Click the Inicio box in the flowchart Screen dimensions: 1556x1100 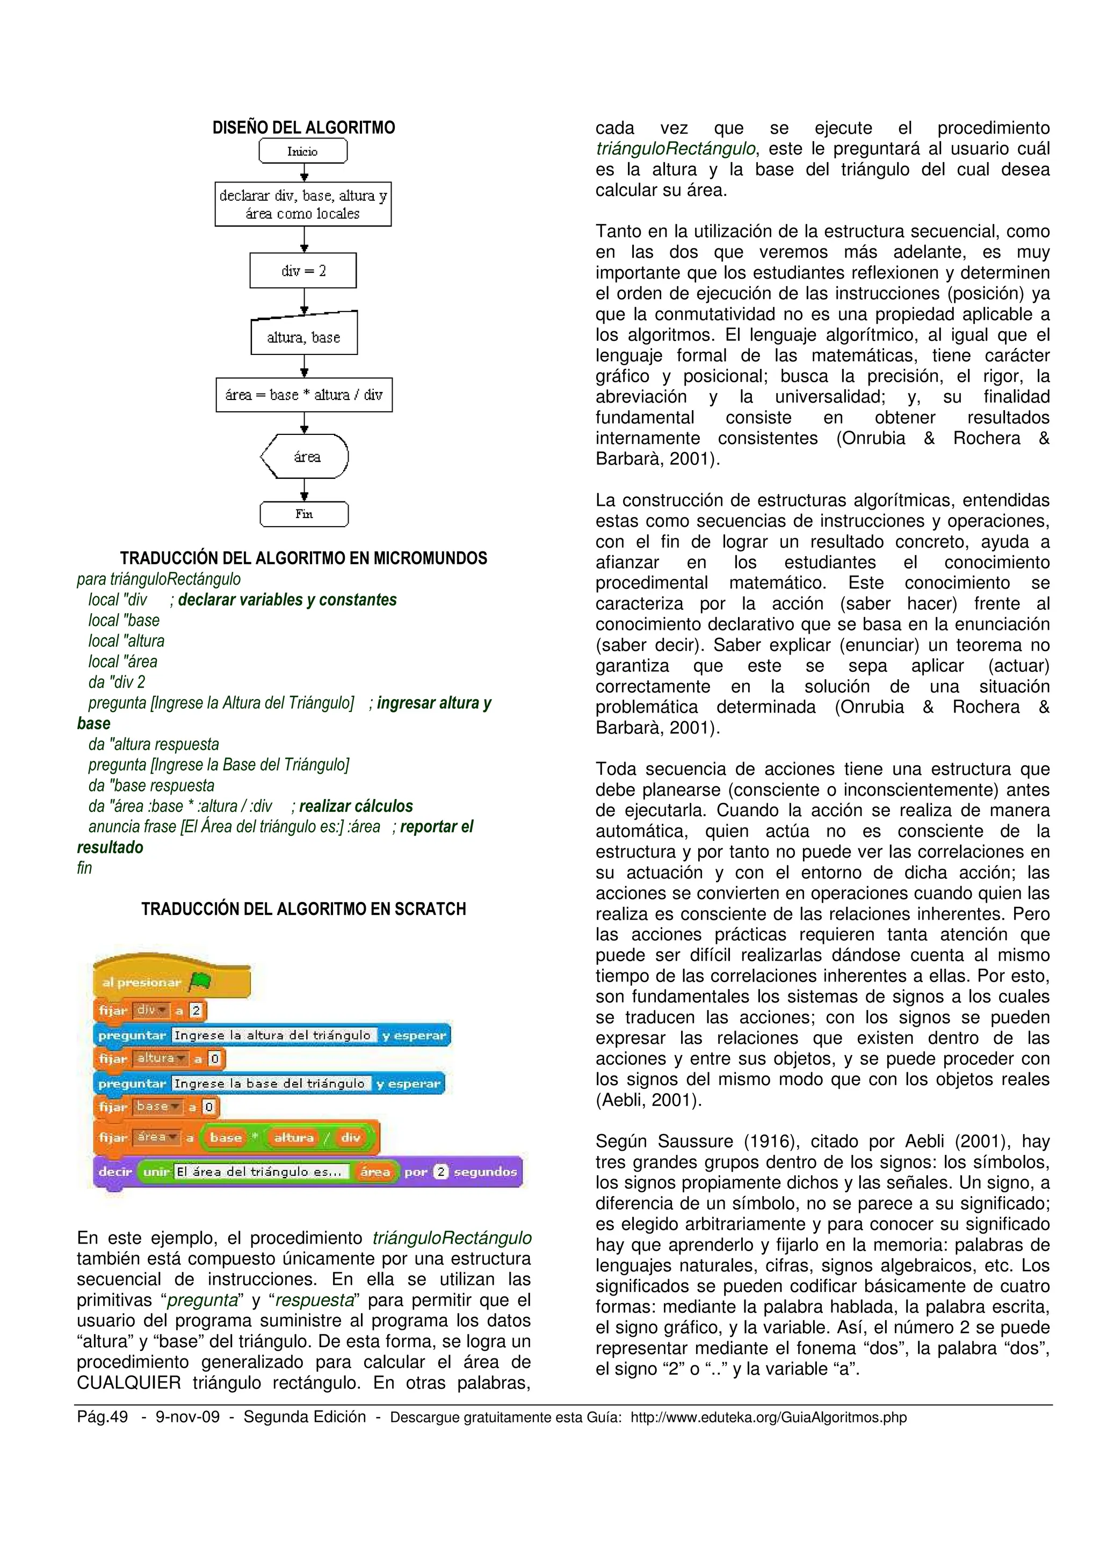coord(302,151)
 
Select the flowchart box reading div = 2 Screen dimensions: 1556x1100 coord(303,271)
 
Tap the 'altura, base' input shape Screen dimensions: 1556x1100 coord(303,336)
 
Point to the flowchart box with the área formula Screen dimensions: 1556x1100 coord(303,395)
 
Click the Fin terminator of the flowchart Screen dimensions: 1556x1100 coord(303,514)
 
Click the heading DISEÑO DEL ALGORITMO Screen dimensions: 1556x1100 coord(303,127)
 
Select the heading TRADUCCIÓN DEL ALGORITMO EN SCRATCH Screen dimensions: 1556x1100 coord(303,909)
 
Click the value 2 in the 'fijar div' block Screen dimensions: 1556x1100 coord(196,1010)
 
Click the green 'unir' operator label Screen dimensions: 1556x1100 coord(156,1171)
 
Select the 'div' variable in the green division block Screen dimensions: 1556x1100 coord(350,1137)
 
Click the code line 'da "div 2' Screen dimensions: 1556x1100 coord(117,682)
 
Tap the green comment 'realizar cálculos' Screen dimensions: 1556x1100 coord(356,806)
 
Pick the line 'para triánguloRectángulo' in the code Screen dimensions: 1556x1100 coord(158,579)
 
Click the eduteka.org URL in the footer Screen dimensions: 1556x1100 coord(768,1417)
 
